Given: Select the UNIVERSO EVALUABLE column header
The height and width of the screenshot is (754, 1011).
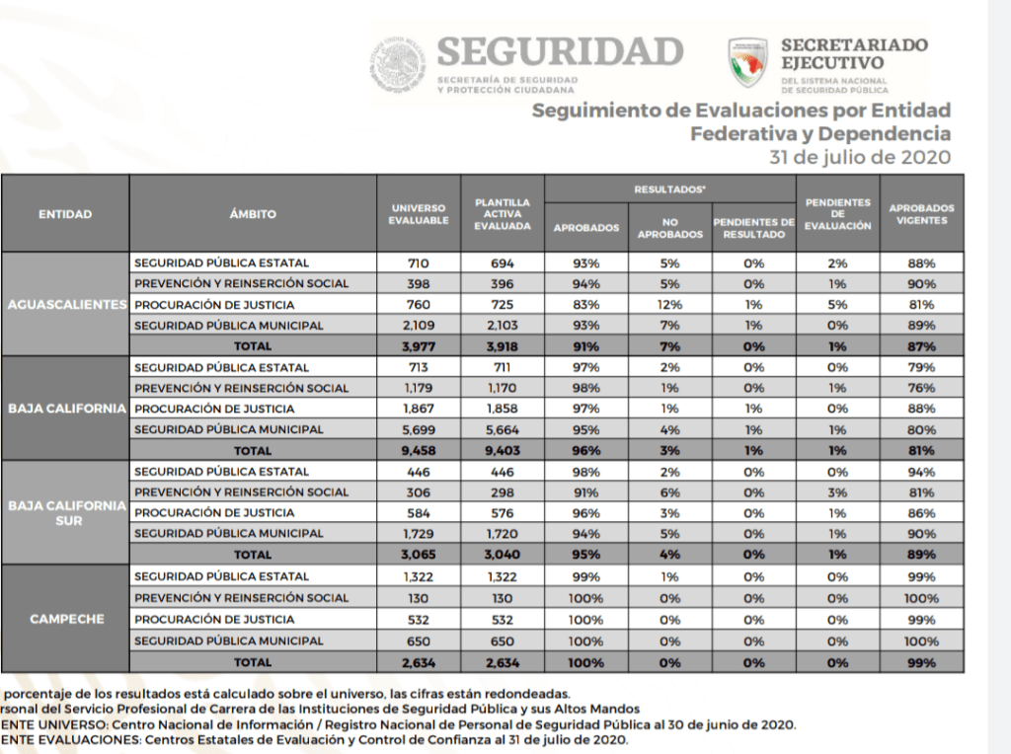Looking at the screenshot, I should point(420,213).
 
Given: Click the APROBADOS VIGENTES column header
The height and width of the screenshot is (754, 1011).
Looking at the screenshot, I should point(921,213).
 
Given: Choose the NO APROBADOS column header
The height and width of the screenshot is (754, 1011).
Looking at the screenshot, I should point(669,228).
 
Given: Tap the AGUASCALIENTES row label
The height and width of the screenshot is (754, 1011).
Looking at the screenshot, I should point(65,304).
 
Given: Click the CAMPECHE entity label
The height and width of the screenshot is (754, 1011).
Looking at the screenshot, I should point(65,619).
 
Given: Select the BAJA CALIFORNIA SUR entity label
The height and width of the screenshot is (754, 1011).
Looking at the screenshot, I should point(65,512).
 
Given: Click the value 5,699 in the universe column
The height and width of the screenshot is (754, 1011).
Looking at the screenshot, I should point(420,429).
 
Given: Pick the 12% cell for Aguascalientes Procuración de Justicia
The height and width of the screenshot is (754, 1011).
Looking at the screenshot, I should point(669,304).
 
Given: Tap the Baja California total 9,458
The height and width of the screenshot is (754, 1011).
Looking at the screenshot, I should point(420,450).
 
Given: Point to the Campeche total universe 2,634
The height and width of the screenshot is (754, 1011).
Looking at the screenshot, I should point(420,661).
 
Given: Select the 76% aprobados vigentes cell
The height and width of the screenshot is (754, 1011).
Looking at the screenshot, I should point(921,388).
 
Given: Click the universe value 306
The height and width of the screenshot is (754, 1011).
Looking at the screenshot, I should point(420,491).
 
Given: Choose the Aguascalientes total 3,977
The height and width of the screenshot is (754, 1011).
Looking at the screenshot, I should point(420,345).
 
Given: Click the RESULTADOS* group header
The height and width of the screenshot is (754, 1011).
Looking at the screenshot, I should point(669,188).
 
